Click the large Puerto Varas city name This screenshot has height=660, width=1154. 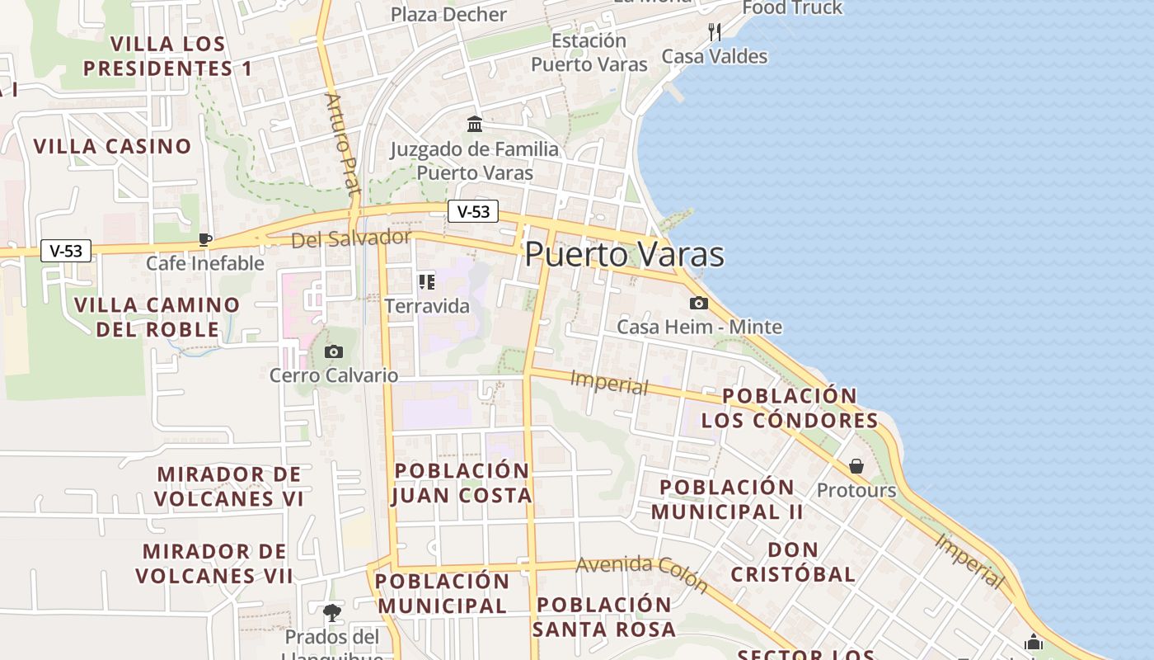click(624, 254)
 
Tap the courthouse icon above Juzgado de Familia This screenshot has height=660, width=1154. click(475, 125)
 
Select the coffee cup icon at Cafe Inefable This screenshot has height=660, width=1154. click(204, 240)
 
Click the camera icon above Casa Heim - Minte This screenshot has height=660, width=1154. click(699, 303)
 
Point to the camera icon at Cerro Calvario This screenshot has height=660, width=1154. click(333, 352)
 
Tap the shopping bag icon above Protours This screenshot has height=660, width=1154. click(856, 466)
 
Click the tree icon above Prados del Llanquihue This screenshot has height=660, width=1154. click(332, 613)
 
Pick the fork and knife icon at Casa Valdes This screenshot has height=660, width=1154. click(715, 32)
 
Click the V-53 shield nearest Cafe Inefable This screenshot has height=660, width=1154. click(66, 251)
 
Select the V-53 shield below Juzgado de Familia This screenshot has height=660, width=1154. click(473, 211)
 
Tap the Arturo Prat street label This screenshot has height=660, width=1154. click(344, 144)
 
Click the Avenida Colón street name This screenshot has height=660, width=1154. click(642, 573)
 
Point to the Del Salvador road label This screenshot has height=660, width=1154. click(351, 239)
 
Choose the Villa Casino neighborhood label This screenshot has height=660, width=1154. click(112, 147)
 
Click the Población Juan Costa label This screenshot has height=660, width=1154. click(462, 483)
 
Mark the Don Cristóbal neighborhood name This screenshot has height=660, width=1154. click(793, 562)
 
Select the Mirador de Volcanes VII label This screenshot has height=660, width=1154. click(214, 563)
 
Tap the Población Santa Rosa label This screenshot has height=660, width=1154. click(603, 616)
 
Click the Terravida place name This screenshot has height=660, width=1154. click(427, 306)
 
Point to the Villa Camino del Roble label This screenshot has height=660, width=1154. click(157, 317)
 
